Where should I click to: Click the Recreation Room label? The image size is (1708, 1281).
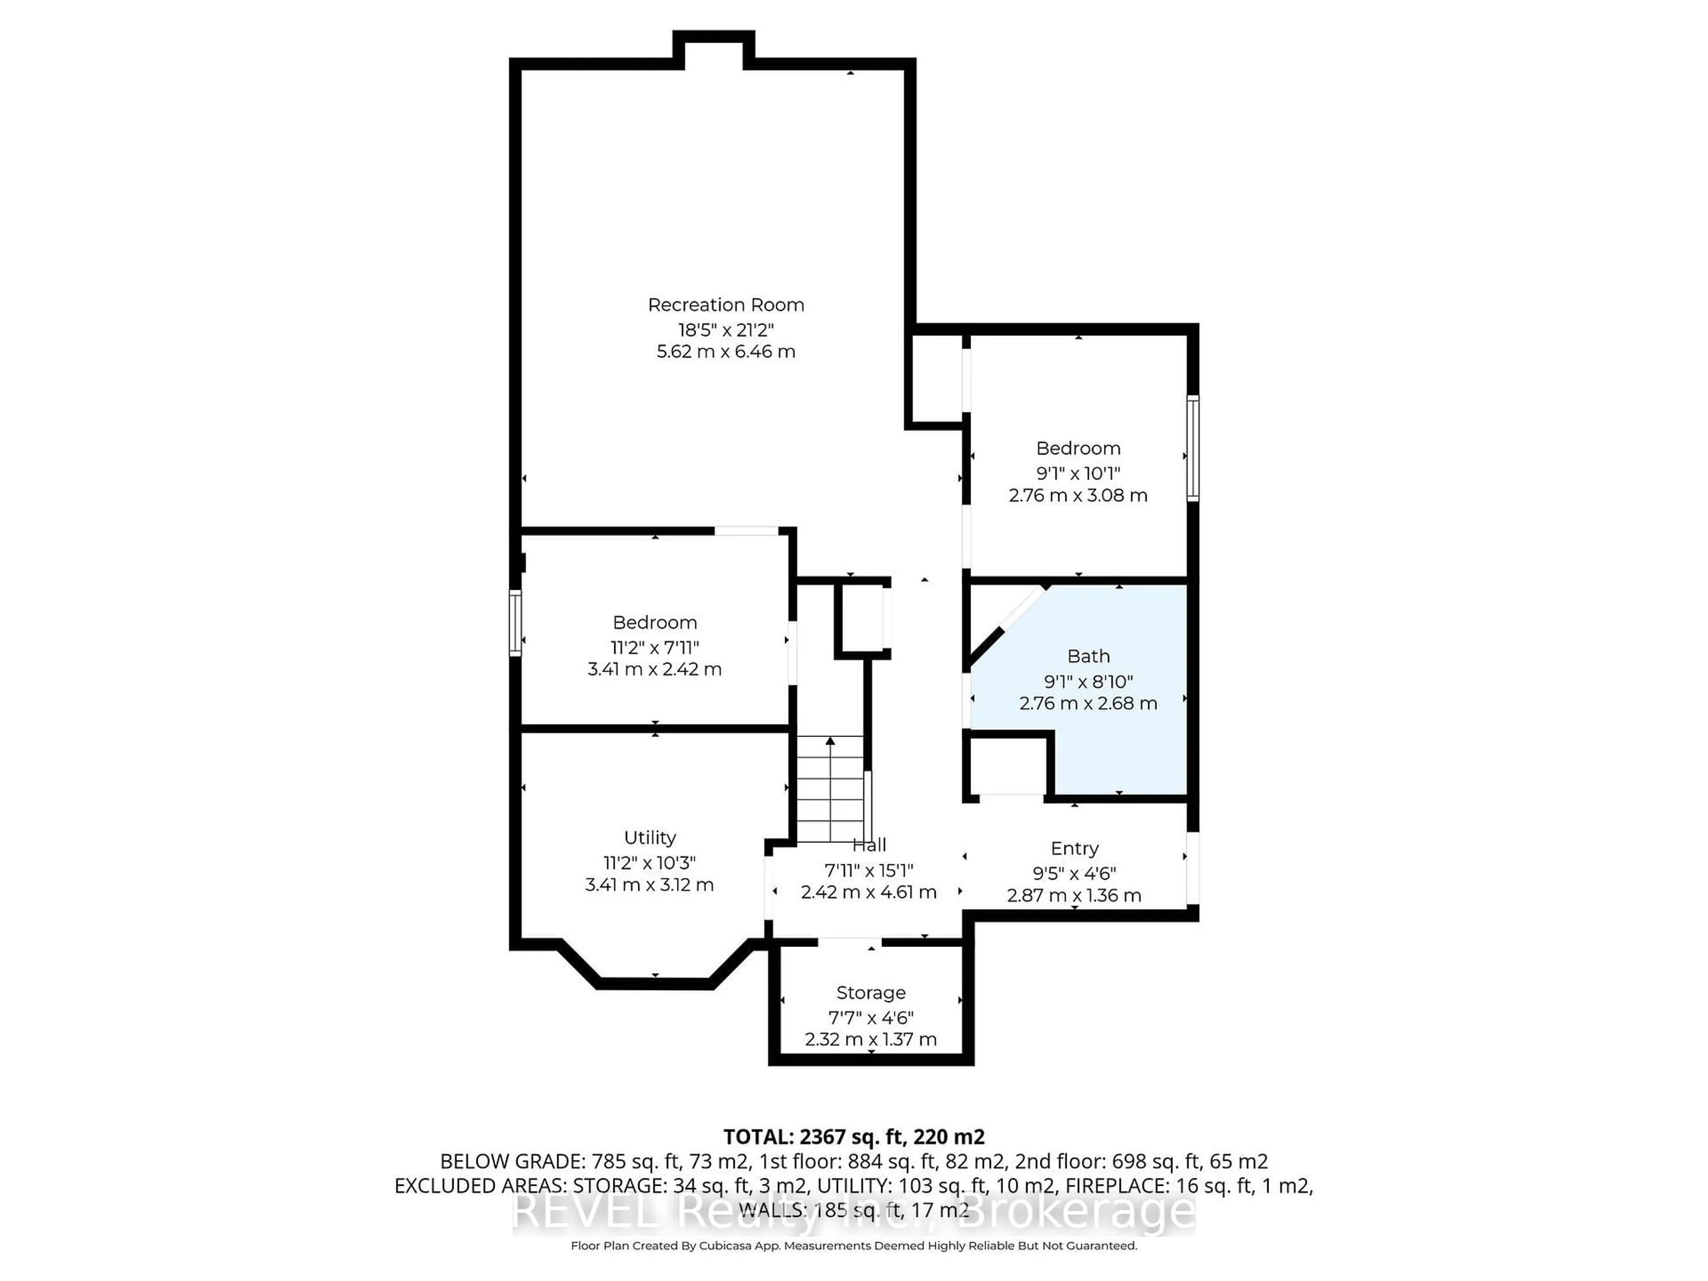tap(726, 305)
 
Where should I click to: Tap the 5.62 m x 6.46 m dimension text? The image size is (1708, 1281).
tap(726, 352)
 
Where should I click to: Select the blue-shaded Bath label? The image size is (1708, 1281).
tap(1089, 657)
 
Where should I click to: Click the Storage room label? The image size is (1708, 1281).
tap(871, 993)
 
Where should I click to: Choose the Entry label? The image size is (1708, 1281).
tap(1075, 849)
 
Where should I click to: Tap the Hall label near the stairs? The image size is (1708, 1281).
tap(870, 845)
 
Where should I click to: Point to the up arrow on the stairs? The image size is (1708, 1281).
tap(830, 742)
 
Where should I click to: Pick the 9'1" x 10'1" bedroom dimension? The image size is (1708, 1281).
tap(1078, 473)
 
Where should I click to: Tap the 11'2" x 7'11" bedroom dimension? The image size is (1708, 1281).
tap(655, 647)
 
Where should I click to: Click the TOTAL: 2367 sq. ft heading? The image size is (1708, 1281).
tap(854, 1136)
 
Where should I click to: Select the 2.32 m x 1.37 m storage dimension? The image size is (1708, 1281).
tap(871, 1040)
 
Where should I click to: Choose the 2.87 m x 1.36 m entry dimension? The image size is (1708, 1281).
tap(1074, 896)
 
